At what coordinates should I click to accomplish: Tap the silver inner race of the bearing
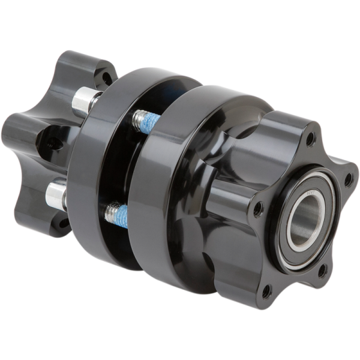coord(293,223)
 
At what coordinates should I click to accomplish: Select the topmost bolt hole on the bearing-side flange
coord(311,139)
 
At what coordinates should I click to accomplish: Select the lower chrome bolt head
coord(56,195)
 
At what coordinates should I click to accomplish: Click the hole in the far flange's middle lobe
coord(54,143)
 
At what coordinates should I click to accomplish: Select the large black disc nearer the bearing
coord(162,198)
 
